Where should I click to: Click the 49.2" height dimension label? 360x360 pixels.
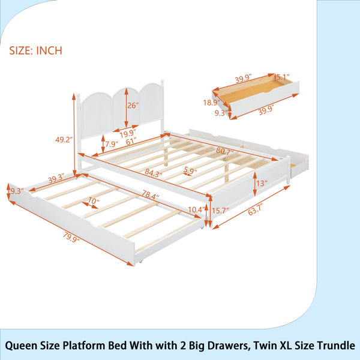pyautogui.click(x=64, y=139)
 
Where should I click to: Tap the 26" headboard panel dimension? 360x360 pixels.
pyautogui.click(x=133, y=106)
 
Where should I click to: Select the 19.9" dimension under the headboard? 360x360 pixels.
pyautogui.click(x=128, y=133)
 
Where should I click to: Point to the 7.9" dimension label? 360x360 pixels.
pyautogui.click(x=112, y=144)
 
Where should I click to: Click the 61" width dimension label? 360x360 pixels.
pyautogui.click(x=131, y=140)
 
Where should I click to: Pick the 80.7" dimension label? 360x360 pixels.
pyautogui.click(x=225, y=151)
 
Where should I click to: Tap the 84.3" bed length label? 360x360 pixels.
pyautogui.click(x=154, y=173)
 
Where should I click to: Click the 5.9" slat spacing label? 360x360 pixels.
pyautogui.click(x=190, y=170)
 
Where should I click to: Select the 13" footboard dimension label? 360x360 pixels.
pyautogui.click(x=262, y=183)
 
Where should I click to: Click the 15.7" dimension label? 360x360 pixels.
pyautogui.click(x=220, y=211)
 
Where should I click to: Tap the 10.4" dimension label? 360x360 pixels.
pyautogui.click(x=196, y=209)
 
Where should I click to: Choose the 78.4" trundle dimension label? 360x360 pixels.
pyautogui.click(x=150, y=195)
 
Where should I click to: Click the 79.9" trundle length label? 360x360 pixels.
pyautogui.click(x=71, y=236)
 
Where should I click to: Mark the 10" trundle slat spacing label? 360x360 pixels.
pyautogui.click(x=94, y=201)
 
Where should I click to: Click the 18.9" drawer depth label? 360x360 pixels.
pyautogui.click(x=211, y=103)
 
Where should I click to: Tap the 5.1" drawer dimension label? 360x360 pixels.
pyautogui.click(x=283, y=77)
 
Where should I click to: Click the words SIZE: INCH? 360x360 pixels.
pyautogui.click(x=36, y=50)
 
